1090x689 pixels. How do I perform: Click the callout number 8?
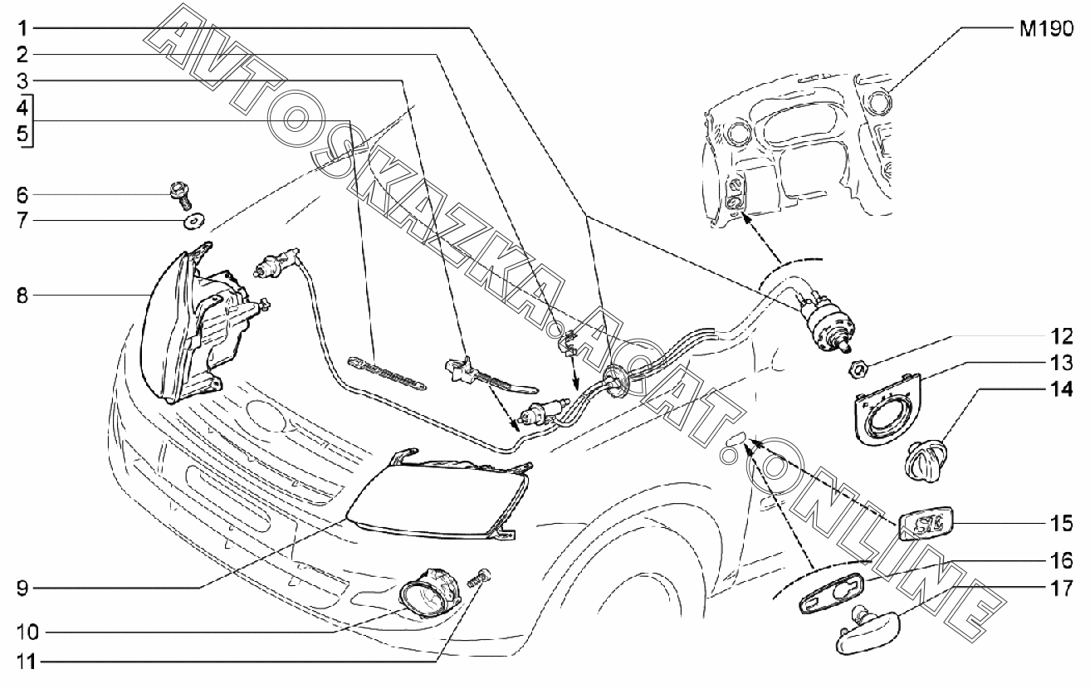23,295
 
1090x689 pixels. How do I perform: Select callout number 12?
1063,338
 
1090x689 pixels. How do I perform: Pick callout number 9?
23,589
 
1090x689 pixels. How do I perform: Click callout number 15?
1063,524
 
